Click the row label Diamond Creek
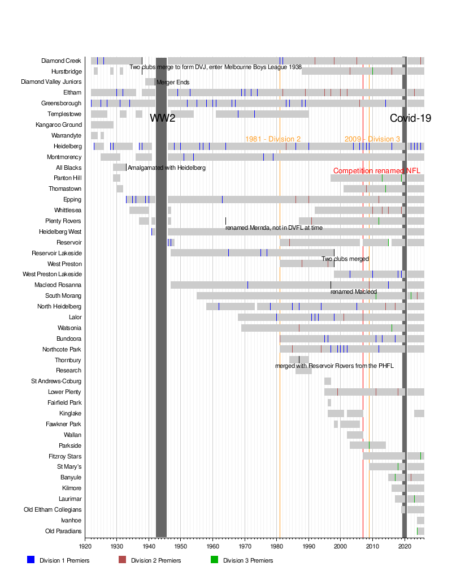coord(61,61)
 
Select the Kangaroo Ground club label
coord(58,125)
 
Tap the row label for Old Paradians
coord(63,531)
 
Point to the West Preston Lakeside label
coord(52,274)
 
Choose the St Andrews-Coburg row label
coord(56,381)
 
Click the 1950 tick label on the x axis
coord(181,546)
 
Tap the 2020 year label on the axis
coord(405,546)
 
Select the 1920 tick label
coord(85,546)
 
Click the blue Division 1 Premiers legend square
coord(31,560)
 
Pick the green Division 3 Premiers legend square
coord(214,560)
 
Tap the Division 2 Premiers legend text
coord(156,560)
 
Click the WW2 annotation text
coord(163,118)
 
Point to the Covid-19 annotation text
coord(411,118)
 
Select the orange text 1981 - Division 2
coord(273,139)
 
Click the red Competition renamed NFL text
coord(377,171)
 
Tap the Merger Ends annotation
coord(173,82)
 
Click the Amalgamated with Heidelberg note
coord(167,168)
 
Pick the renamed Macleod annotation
coord(354,291)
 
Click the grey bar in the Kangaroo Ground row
coord(102,125)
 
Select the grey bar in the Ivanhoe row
coord(420,521)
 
